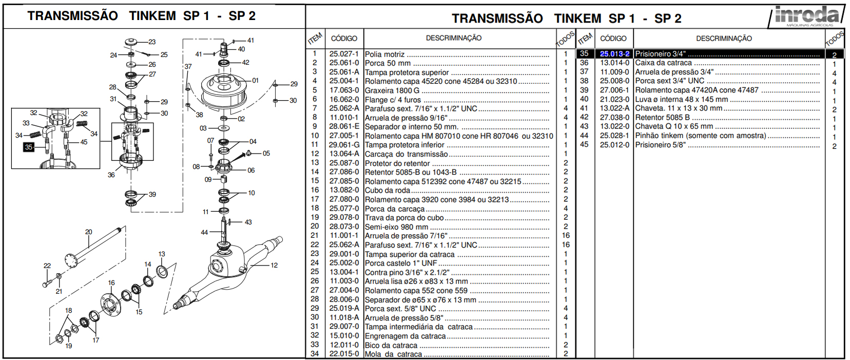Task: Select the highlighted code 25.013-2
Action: coord(614,54)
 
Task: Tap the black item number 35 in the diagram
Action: coord(29,147)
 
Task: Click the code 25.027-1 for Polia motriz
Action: coord(344,54)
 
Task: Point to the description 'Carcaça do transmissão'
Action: coord(406,154)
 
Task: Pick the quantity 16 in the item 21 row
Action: coord(566,236)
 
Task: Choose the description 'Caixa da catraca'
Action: coord(663,63)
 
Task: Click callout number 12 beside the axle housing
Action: coord(274,266)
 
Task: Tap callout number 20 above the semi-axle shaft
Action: coord(89,232)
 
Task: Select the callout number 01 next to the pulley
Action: coord(255,81)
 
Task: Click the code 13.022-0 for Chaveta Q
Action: coord(614,126)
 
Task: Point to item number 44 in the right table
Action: coord(584,136)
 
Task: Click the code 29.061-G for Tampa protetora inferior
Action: coord(344,145)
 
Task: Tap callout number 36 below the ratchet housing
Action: coord(111,175)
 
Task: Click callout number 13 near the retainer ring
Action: coord(162,254)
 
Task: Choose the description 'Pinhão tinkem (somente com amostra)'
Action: coord(700,136)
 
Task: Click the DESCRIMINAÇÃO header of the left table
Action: coord(453,38)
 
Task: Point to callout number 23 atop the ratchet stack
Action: coord(152,42)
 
